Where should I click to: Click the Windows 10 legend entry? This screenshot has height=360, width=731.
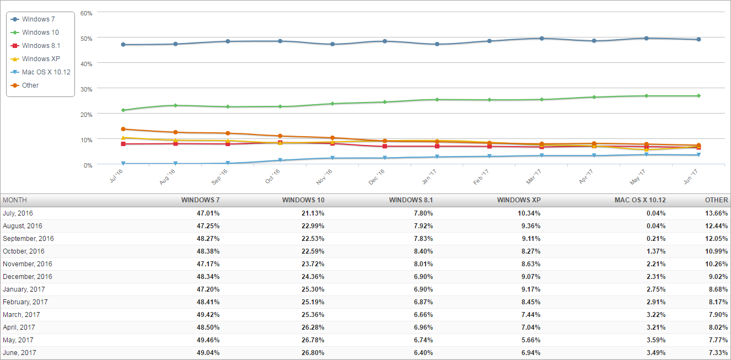pos(40,33)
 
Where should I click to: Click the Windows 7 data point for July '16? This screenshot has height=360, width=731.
pos(123,45)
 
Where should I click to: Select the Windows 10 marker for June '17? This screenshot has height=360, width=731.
pos(698,96)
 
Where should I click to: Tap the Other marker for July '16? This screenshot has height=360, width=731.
pos(123,129)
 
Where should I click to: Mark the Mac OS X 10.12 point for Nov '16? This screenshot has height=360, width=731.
pos(332,158)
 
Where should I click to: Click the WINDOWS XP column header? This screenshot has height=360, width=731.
pos(519,200)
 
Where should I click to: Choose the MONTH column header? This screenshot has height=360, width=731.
pos(15,200)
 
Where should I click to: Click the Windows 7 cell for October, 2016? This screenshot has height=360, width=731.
pos(207,251)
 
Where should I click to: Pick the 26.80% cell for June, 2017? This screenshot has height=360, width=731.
pos(312,353)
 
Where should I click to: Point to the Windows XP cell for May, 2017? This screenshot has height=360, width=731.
pos(528,340)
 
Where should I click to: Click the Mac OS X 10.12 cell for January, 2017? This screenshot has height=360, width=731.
pos(653,289)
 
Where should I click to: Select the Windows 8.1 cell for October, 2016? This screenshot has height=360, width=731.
pos(422,251)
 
